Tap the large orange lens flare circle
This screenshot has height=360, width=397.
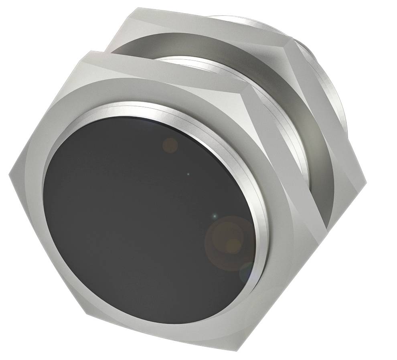tap(229, 243)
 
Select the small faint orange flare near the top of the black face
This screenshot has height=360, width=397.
tap(170, 145)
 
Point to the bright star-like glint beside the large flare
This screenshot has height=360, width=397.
tap(215, 216)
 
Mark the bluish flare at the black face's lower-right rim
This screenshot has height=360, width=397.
tap(245, 273)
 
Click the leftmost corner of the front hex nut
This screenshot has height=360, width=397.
tap(10, 173)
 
